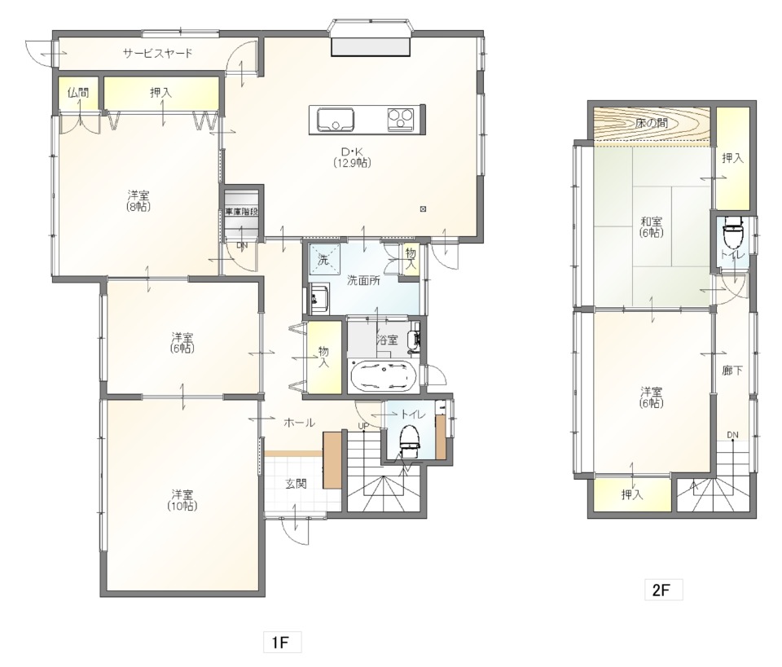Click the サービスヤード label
(x=157, y=53)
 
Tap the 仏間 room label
(x=78, y=92)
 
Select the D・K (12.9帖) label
(x=353, y=157)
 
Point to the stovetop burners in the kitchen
(x=401, y=119)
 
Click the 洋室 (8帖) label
(x=138, y=200)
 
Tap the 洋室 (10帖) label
(x=182, y=500)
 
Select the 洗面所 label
(x=363, y=281)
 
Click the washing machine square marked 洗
(x=323, y=259)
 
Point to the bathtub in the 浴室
(x=384, y=375)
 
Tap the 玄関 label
(x=296, y=483)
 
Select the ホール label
(x=299, y=423)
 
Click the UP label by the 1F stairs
(x=363, y=426)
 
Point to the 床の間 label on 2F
(x=652, y=123)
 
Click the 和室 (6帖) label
(x=652, y=226)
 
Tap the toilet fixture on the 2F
(x=733, y=232)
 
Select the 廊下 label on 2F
(x=732, y=371)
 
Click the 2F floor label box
(x=663, y=590)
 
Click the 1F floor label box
(x=283, y=642)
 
